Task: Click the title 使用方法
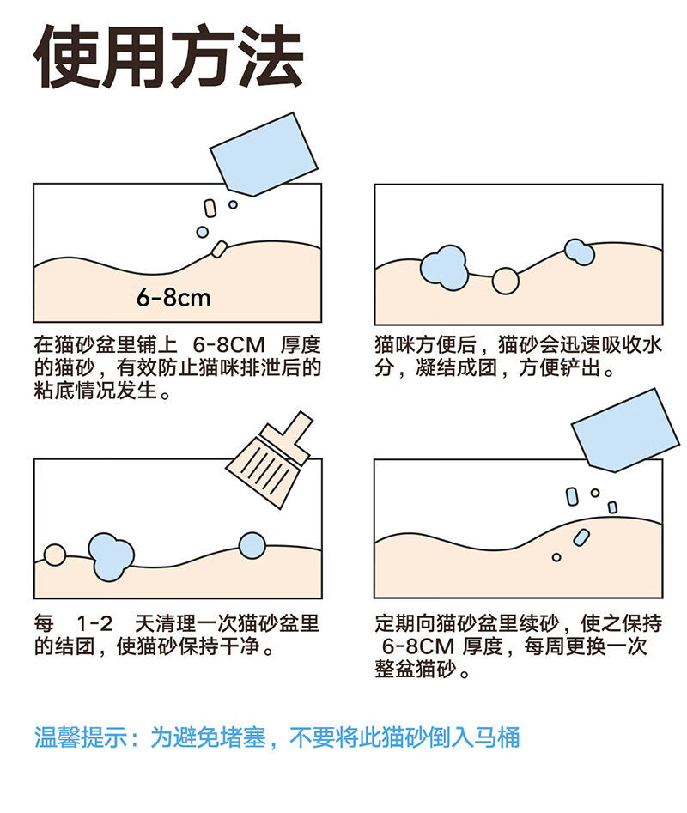pyautogui.click(x=168, y=56)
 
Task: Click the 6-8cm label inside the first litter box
pyautogui.click(x=173, y=298)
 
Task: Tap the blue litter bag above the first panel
pyautogui.click(x=264, y=154)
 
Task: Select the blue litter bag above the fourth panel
pyautogui.click(x=625, y=430)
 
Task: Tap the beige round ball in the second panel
pyautogui.click(x=505, y=281)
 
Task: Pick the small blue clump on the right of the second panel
pyautogui.click(x=579, y=252)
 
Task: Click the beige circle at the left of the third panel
pyautogui.click(x=54, y=555)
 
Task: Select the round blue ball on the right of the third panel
pyautogui.click(x=252, y=545)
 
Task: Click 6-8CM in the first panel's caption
pyautogui.click(x=228, y=345)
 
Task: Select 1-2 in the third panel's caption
pyautogui.click(x=94, y=623)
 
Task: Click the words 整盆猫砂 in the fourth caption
pyautogui.click(x=416, y=670)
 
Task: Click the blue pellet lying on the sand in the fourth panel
pyautogui.click(x=581, y=537)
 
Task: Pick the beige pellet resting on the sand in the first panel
pyautogui.click(x=219, y=249)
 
